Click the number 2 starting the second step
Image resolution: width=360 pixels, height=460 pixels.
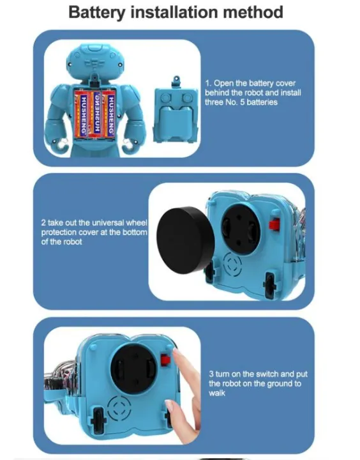tap(43, 223)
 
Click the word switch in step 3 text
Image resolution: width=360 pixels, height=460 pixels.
tap(262, 374)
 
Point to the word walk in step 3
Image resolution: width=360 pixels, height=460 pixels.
tap(217, 393)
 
